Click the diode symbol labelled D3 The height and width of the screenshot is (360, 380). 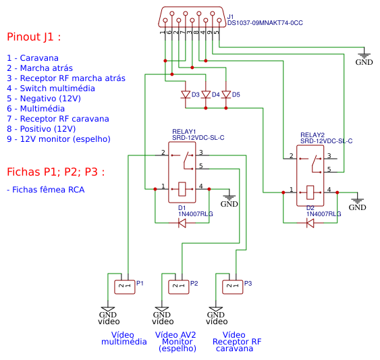click(x=186, y=95)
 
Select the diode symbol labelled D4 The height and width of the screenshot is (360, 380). click(x=206, y=95)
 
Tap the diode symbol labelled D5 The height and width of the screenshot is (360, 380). click(x=226, y=95)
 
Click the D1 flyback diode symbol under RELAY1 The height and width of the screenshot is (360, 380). click(x=182, y=223)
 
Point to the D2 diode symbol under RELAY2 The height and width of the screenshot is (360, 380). click(x=310, y=223)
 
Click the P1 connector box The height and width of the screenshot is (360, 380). click(x=125, y=287)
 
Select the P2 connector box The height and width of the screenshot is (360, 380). click(x=179, y=287)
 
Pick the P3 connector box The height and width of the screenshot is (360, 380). click(x=233, y=287)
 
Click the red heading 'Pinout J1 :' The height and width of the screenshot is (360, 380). click(x=34, y=37)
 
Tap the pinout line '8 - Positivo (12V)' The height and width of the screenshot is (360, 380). click(x=41, y=129)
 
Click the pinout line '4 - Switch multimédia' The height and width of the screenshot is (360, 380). click(x=51, y=88)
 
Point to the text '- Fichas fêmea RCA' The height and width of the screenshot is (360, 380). click(x=46, y=190)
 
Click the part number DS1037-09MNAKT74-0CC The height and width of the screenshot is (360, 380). click(x=265, y=23)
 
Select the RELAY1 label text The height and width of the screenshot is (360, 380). click(x=184, y=132)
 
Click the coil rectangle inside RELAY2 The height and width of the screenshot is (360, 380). click(x=310, y=192)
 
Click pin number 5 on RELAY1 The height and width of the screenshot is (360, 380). click(x=201, y=165)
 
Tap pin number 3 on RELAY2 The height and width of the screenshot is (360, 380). click(x=329, y=155)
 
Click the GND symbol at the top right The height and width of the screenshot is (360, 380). click(x=364, y=57)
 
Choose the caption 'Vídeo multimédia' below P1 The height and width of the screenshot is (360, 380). click(x=124, y=338)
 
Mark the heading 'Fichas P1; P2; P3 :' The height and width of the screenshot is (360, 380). click(x=56, y=172)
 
